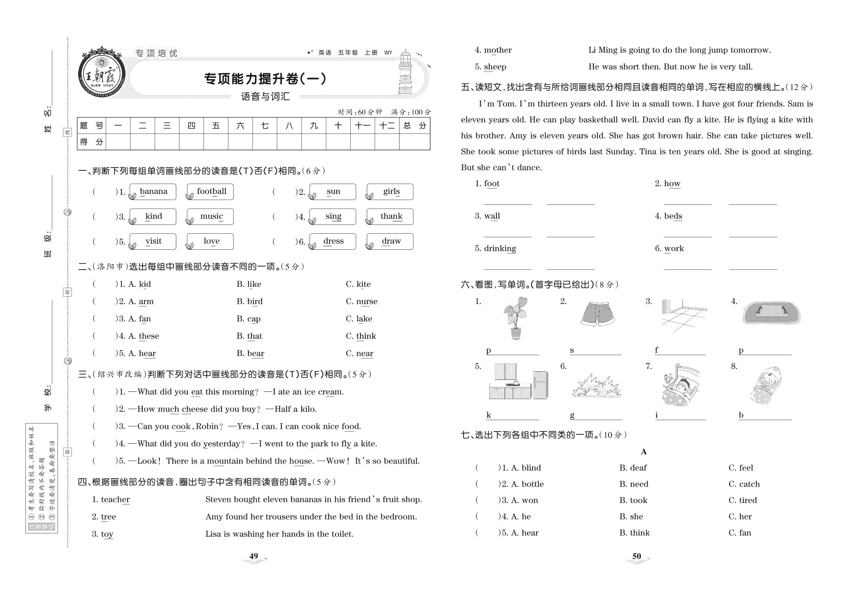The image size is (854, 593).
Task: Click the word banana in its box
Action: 153,192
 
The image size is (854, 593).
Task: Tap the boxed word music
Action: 211,216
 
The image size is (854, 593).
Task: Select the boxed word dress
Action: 333,241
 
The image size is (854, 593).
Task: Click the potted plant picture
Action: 516,318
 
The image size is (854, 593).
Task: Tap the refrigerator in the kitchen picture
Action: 540,385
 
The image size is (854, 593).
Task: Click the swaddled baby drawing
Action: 765,385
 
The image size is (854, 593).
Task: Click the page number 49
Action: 254,556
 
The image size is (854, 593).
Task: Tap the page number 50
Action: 636,556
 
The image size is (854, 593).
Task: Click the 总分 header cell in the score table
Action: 414,126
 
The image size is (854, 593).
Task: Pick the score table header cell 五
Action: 216,126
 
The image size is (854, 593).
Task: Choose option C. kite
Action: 358,284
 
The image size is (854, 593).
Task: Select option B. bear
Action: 250,353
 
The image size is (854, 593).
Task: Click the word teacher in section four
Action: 111,500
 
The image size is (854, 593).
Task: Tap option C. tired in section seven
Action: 742,500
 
